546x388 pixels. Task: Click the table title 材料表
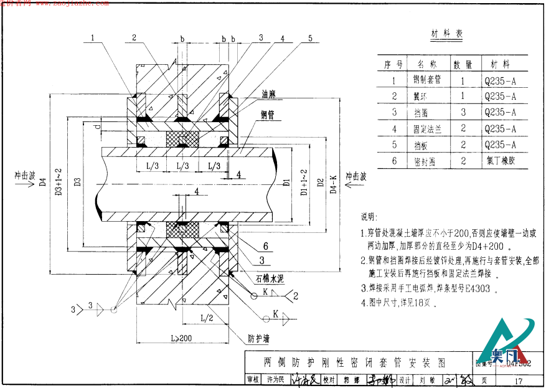click(x=447, y=34)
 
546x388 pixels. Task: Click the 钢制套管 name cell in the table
click(x=427, y=80)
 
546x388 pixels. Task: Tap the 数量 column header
click(x=463, y=64)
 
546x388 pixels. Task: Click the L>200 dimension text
click(x=181, y=338)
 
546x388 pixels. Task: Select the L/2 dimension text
click(x=207, y=318)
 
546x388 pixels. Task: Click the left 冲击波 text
click(x=24, y=176)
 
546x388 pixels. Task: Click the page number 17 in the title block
click(x=518, y=380)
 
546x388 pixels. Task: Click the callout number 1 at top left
click(x=92, y=38)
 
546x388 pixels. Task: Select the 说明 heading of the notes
click(x=368, y=217)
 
